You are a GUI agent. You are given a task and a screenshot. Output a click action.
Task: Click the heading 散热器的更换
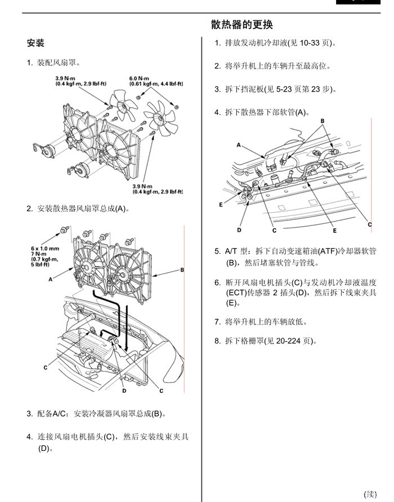point(242,25)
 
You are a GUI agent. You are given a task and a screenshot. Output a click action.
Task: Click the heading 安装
point(35,43)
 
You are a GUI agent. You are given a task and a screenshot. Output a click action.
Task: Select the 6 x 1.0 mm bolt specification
point(46,248)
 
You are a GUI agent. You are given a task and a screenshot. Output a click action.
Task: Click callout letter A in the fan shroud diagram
point(51,279)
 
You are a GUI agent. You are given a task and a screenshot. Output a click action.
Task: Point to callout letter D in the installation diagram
point(124,390)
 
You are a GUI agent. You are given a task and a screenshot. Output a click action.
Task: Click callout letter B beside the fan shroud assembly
point(182,270)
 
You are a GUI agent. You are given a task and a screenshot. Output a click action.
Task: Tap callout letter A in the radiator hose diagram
point(239,145)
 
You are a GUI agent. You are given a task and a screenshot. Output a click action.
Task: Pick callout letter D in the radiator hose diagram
point(239,230)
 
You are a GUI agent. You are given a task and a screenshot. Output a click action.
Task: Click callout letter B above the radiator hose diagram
point(323,121)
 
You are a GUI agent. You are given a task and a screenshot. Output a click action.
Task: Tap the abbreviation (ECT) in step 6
point(236,293)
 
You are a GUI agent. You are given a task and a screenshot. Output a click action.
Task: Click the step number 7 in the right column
point(217,322)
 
